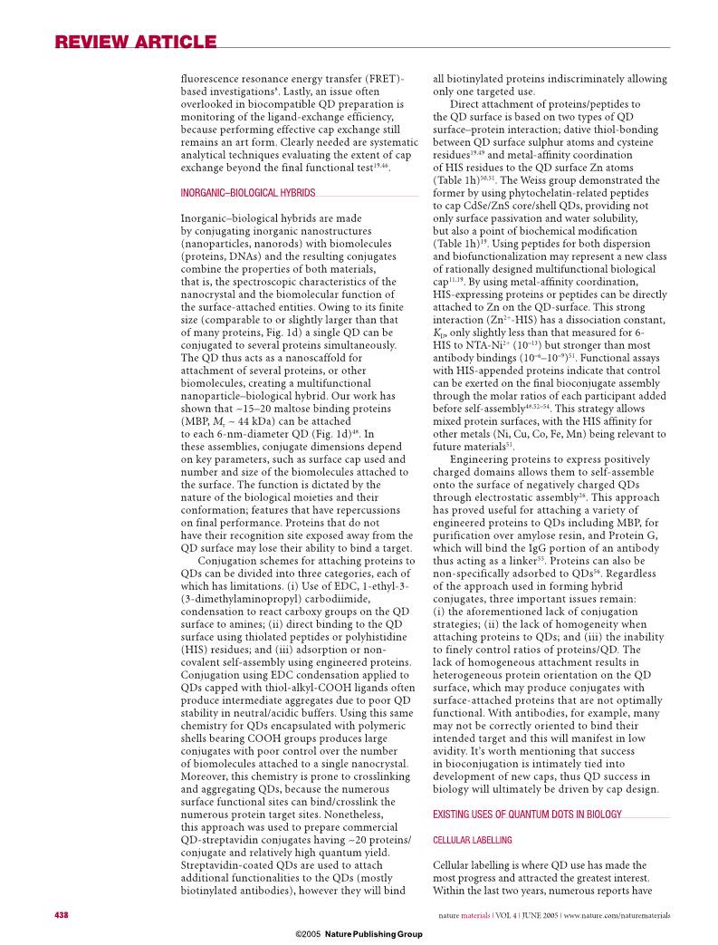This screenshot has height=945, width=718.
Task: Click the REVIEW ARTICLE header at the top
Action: click(136, 43)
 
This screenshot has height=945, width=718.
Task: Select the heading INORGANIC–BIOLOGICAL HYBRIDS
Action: click(248, 193)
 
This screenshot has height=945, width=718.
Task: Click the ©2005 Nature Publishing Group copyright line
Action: click(359, 932)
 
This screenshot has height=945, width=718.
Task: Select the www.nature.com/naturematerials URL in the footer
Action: click(617, 915)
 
